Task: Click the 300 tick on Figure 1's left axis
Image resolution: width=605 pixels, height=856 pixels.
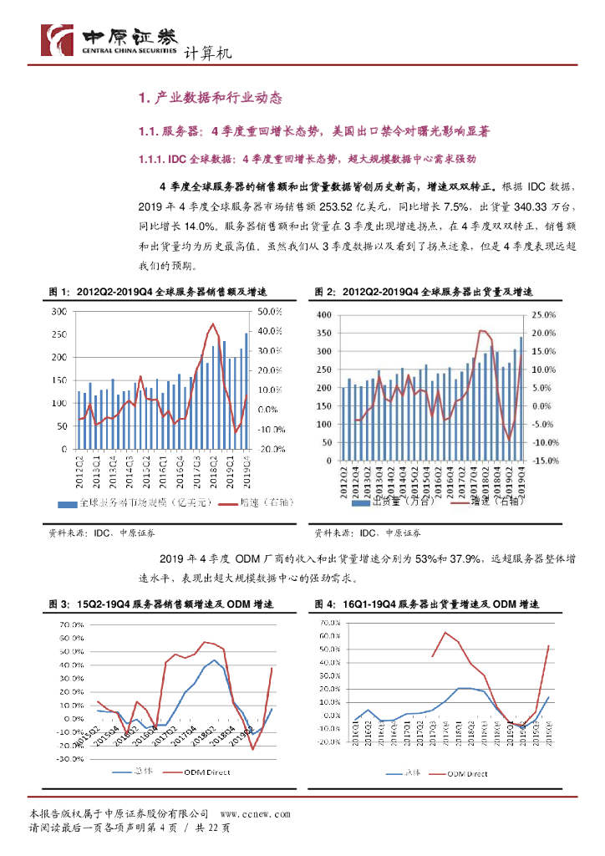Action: pyautogui.click(x=60, y=312)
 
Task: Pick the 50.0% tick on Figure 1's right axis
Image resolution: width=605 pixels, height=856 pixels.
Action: pyautogui.click(x=271, y=312)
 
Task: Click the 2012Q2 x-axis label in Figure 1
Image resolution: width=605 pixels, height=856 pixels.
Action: pyautogui.click(x=80, y=465)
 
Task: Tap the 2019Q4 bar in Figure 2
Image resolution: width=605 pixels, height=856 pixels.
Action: pyautogui.click(x=521, y=400)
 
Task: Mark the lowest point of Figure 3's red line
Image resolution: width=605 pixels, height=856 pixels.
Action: pyautogui.click(x=252, y=748)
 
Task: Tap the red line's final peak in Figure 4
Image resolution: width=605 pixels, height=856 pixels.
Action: pyautogui.click(x=548, y=645)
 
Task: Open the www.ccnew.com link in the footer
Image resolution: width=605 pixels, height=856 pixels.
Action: pyautogui.click(x=255, y=813)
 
